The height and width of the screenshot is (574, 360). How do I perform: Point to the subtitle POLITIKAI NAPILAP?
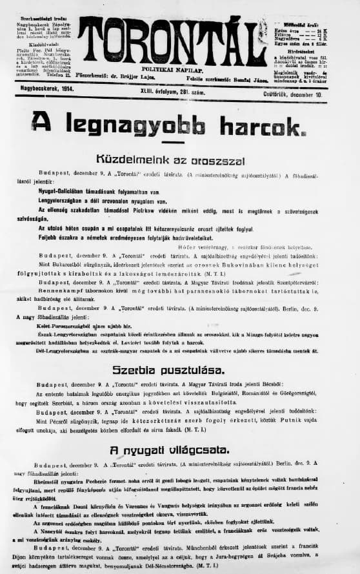172,68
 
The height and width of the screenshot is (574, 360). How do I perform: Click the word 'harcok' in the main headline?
262,123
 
